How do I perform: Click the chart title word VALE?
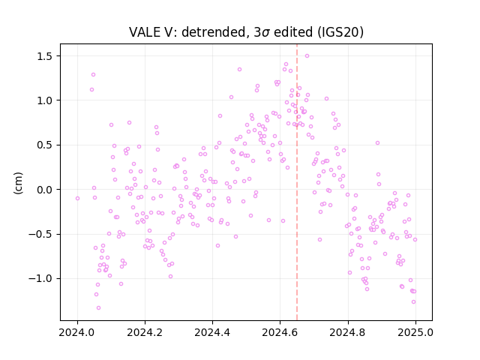click(143, 32)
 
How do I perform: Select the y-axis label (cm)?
click(18, 183)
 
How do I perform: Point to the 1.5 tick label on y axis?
click(45, 56)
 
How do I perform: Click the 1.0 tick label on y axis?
click(45, 100)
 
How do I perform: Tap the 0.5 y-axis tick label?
click(45, 145)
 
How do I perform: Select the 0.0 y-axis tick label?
click(45, 190)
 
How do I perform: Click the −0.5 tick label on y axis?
click(41, 235)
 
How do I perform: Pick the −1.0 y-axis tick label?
click(41, 279)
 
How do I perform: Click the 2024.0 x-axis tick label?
click(77, 332)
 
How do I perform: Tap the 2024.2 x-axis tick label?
click(145, 332)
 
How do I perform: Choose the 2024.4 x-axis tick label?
click(212, 332)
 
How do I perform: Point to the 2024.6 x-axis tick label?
click(280, 332)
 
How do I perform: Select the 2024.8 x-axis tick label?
click(347, 332)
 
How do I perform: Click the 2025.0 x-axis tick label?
click(415, 332)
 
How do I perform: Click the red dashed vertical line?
click(297, 182)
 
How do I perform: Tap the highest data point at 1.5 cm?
click(307, 55)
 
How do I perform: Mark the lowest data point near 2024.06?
click(98, 307)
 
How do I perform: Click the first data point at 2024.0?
click(77, 198)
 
